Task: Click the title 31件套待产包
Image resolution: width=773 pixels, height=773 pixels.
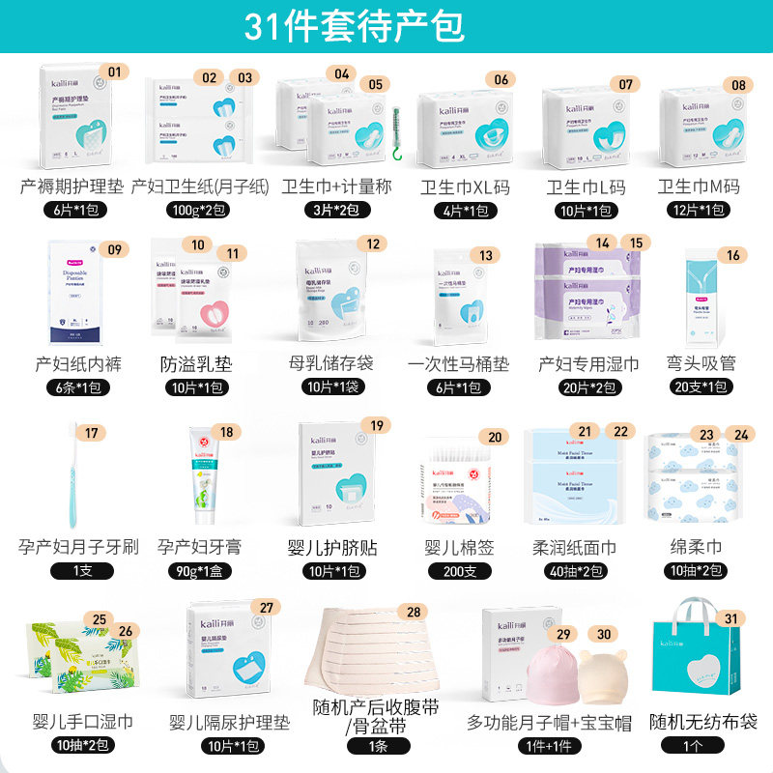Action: pyautogui.click(x=355, y=26)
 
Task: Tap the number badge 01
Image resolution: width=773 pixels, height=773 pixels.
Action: pyautogui.click(x=116, y=71)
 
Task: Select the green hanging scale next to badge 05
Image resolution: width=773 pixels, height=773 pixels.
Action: pyautogui.click(x=394, y=129)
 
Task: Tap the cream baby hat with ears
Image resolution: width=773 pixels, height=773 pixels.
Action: pyautogui.click(x=604, y=672)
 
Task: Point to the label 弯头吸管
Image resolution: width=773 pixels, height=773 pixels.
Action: pyautogui.click(x=703, y=364)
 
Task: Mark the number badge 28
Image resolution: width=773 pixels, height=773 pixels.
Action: pyautogui.click(x=414, y=611)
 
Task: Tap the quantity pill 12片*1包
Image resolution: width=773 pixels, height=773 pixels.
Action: pyautogui.click(x=703, y=210)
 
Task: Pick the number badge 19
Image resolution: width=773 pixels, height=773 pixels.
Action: pyautogui.click(x=377, y=425)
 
